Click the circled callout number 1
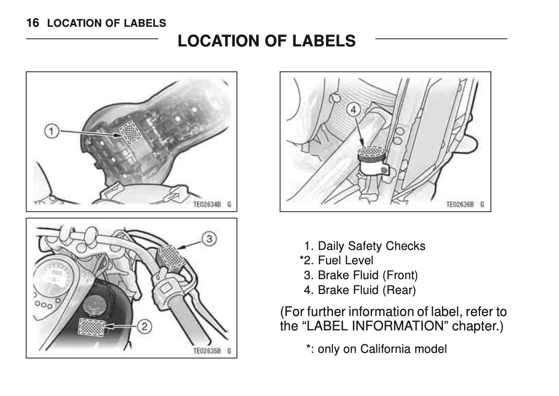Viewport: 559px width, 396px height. (51, 131)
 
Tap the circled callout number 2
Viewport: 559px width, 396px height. (144, 326)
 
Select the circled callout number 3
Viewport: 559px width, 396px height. (210, 238)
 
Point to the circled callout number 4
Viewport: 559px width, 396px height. (353, 110)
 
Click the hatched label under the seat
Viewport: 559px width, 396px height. (130, 132)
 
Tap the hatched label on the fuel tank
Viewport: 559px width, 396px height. (92, 327)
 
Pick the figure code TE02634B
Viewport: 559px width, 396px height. (207, 204)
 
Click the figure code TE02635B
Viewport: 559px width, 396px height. (207, 351)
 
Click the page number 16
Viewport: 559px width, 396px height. (33, 23)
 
